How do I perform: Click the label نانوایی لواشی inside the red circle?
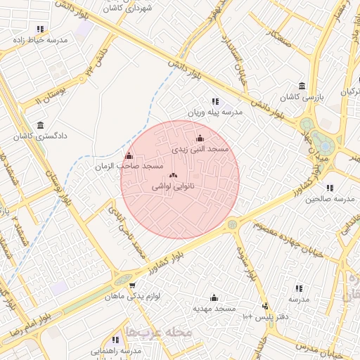173,188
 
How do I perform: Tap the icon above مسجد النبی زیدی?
200,139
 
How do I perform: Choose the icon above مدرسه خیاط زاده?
40,30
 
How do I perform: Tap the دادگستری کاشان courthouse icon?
40,124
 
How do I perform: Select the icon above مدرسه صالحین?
330,188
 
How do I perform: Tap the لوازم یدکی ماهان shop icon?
132,285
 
